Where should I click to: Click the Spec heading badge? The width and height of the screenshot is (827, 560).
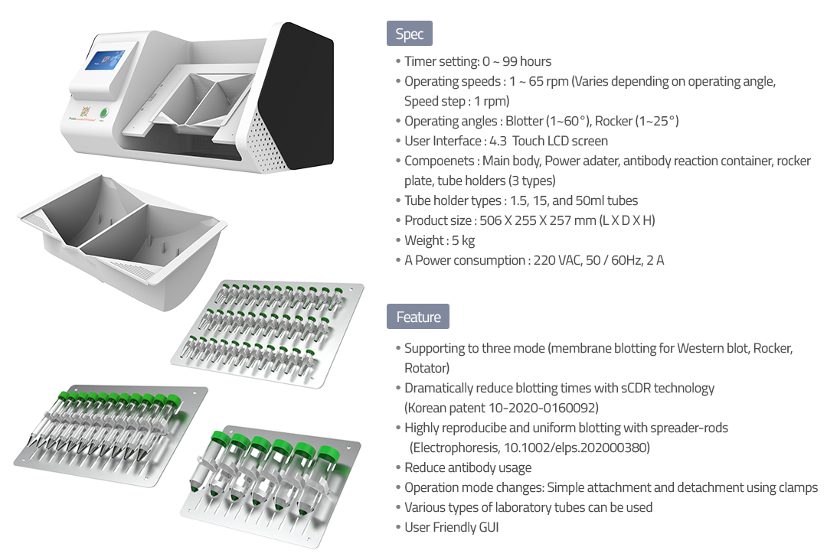tap(409, 34)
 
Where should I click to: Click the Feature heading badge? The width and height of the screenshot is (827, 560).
tap(418, 317)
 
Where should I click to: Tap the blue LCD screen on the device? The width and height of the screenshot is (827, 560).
tap(105, 60)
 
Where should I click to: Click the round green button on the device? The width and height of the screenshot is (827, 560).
tap(104, 112)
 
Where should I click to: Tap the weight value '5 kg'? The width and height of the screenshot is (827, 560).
tap(463, 241)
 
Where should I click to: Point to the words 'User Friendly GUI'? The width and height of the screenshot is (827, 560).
tap(452, 527)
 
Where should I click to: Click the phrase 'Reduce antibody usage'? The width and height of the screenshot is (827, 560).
tap(468, 467)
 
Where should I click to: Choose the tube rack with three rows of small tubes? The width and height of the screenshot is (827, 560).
tap(267, 334)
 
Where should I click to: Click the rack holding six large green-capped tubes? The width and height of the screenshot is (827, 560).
tap(271, 486)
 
